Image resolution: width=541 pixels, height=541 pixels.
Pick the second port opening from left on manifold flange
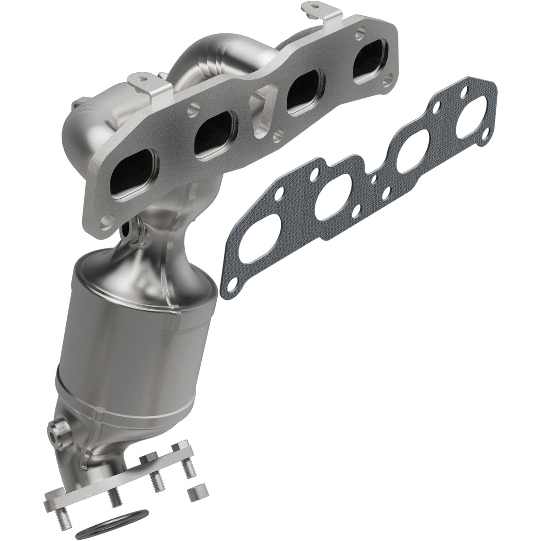[215, 135]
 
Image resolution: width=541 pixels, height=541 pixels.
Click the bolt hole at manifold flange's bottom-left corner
[107, 222]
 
